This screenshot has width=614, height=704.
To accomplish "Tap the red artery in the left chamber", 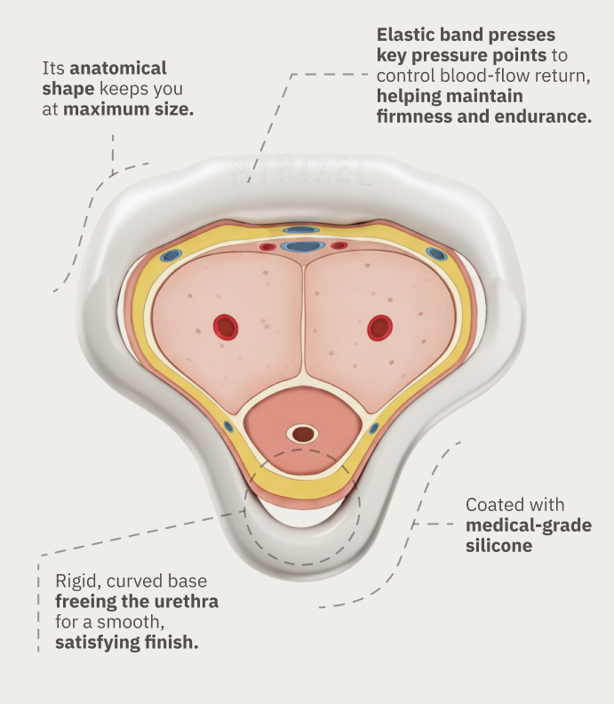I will point(227,327).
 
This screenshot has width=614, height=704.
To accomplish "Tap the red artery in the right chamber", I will point(380,327).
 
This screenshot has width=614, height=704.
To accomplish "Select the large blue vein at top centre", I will point(303,246).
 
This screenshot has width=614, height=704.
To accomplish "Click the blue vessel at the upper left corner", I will point(171,256).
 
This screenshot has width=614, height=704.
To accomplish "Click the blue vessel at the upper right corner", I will point(435,253).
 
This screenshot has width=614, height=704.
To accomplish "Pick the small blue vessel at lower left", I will point(228,427).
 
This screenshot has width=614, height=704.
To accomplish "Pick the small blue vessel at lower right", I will point(374,428).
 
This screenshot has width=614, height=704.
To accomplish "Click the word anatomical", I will point(117,68).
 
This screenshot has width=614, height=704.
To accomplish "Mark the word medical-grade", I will point(528,524).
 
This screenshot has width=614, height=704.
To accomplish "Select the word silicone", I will point(498,545).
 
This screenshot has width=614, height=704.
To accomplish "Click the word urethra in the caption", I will point(187,602).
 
